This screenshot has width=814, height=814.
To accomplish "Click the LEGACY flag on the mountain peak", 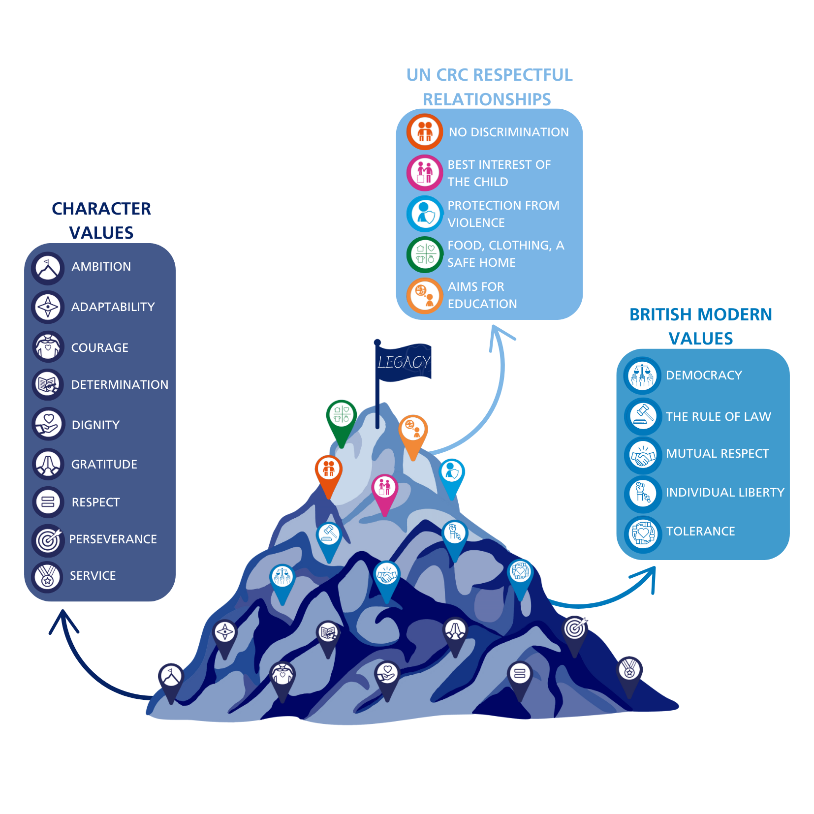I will tap(403, 362).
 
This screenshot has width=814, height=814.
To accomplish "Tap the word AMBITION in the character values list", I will tap(101, 267).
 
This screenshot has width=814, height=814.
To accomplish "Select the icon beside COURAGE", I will tap(48, 347).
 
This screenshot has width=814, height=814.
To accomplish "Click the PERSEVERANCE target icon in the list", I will tap(48, 540).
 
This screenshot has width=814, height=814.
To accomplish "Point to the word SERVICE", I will tap(93, 576).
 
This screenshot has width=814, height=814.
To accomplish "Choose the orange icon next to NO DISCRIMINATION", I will tap(425, 132).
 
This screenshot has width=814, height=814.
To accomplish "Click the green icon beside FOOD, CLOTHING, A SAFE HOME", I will tap(425, 254).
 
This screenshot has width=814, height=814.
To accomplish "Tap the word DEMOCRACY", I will tap(704, 376).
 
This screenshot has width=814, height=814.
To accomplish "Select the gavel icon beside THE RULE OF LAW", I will tap(643, 415).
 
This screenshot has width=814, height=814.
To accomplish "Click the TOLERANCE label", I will tap(700, 532).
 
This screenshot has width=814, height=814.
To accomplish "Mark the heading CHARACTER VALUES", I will tap(101, 220).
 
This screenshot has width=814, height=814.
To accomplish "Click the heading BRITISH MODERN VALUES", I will tap(700, 326).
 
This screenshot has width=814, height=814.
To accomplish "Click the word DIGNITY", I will tap(95, 425).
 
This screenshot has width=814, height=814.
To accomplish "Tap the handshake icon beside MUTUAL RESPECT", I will tap(643, 455).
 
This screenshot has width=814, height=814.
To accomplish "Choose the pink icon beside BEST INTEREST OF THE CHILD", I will tap(425, 173).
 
